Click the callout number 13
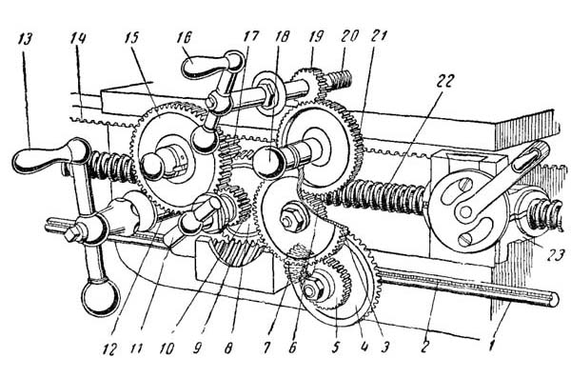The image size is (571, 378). point(24,39)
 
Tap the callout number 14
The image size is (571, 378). point(78,38)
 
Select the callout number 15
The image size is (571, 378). point(132,37)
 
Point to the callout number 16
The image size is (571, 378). point(185,37)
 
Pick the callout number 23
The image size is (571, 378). point(556,253)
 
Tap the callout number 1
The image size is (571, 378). point(491,345)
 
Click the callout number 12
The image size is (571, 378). point(109,349)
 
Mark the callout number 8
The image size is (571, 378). point(228,348)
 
